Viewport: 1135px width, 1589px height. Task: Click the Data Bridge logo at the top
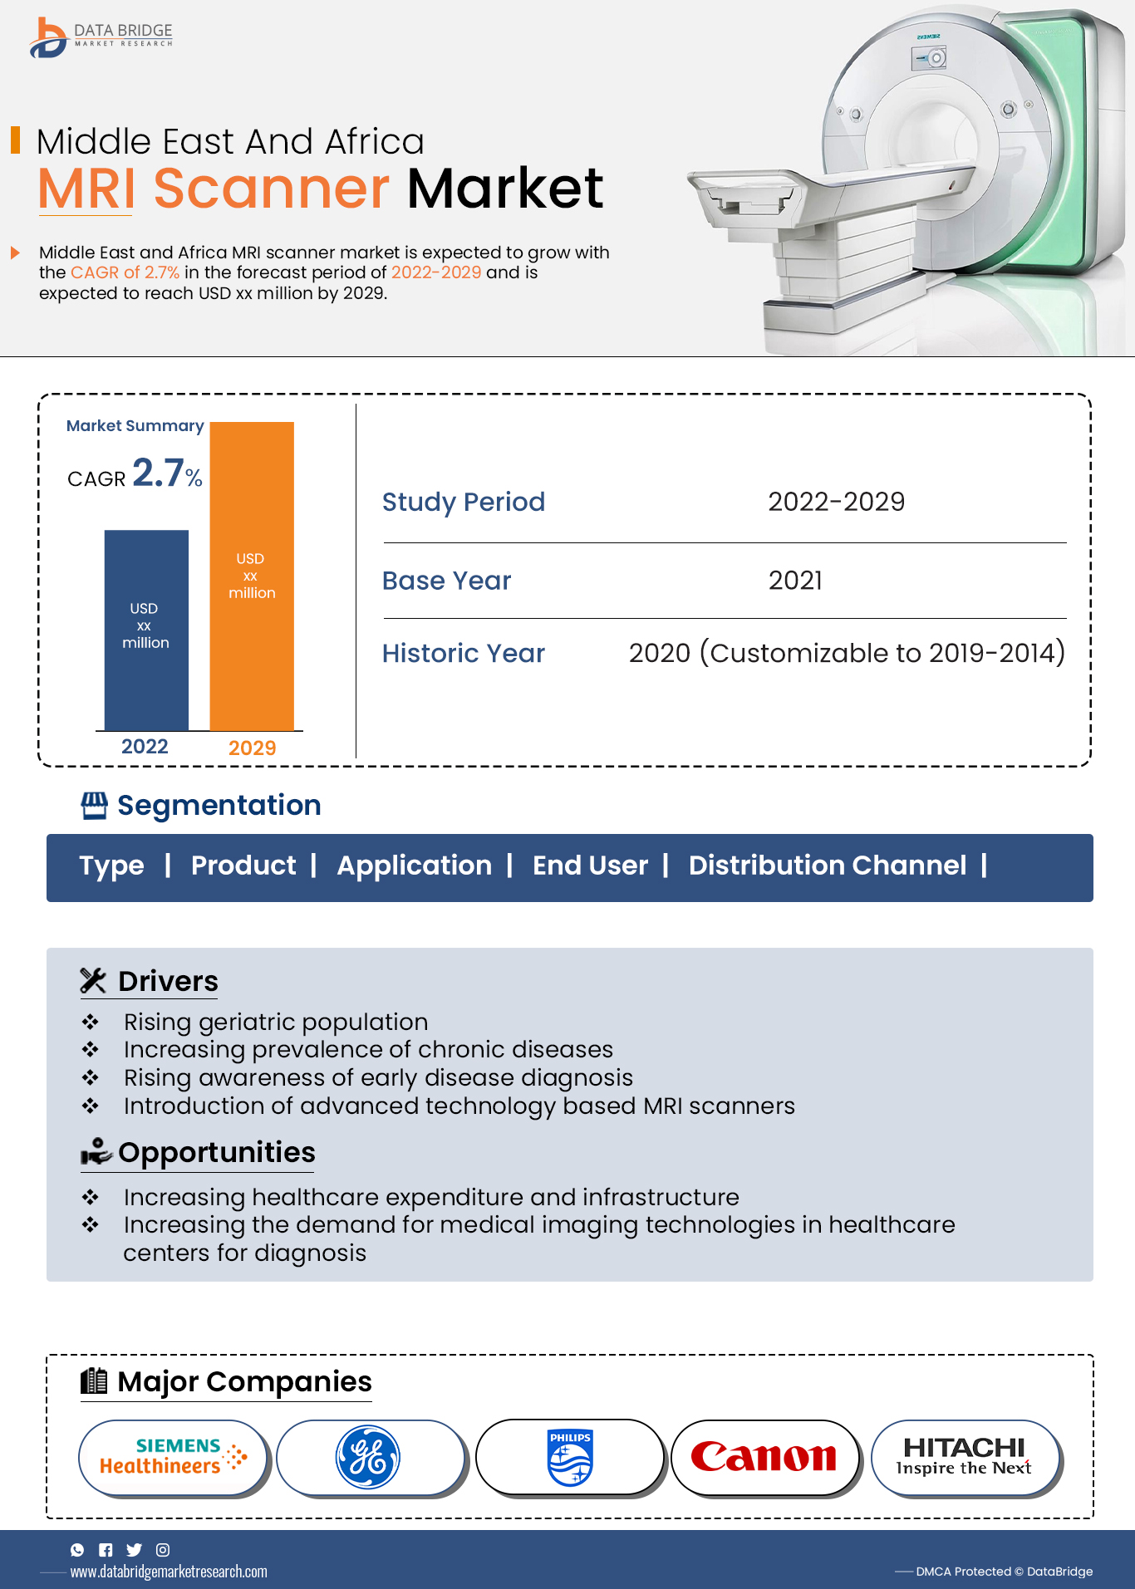(100, 37)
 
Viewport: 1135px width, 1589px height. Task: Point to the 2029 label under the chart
(252, 748)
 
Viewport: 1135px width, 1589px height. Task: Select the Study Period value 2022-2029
(836, 502)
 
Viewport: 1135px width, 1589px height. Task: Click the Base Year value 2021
(795, 581)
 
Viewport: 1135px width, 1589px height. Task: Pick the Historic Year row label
(463, 654)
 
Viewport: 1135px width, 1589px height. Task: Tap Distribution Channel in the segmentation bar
(827, 866)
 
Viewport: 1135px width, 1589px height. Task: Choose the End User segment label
(590, 866)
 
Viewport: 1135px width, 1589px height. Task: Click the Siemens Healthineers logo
(173, 1457)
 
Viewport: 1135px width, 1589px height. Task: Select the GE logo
(368, 1458)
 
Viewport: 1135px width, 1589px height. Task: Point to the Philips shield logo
(570, 1458)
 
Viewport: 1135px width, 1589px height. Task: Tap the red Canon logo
(764, 1457)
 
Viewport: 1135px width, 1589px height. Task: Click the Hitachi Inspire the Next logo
(964, 1457)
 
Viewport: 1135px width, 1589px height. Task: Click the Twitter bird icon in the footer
(134, 1550)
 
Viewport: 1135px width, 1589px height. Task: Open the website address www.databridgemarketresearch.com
(169, 1572)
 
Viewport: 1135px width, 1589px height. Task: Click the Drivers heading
(168, 981)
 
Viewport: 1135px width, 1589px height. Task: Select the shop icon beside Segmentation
(94, 806)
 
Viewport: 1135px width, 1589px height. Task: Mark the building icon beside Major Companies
(94, 1381)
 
